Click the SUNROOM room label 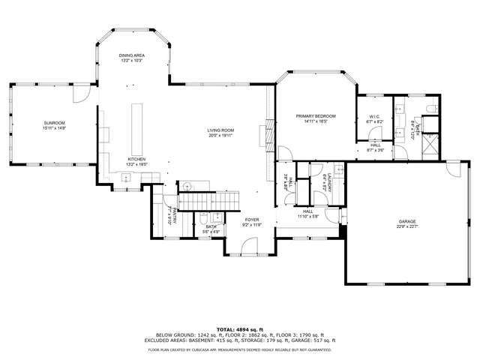[55, 122]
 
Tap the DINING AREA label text [132, 55]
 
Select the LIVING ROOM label [221, 131]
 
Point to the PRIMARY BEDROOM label [315, 116]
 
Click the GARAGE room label [407, 222]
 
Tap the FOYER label [251, 219]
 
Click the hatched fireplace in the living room [264, 136]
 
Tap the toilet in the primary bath [429, 110]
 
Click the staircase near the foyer [212, 200]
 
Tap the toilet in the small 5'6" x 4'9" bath [203, 220]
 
